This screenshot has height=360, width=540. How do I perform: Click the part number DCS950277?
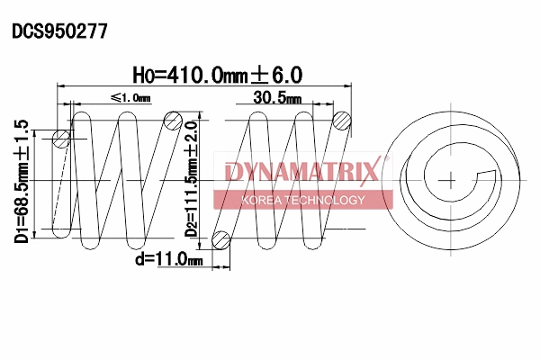click(59, 31)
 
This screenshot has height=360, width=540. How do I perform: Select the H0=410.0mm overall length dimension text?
click(191, 75)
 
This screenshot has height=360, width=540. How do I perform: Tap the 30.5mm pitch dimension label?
click(277, 98)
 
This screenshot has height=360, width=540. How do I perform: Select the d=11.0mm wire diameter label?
click(167, 259)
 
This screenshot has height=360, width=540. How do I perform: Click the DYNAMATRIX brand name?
click(301, 171)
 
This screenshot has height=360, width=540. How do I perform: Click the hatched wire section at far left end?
click(61, 138)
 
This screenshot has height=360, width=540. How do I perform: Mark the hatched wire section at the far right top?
click(342, 120)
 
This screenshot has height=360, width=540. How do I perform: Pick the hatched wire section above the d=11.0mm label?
click(220, 239)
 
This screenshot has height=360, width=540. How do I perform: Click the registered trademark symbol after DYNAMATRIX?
click(388, 160)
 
